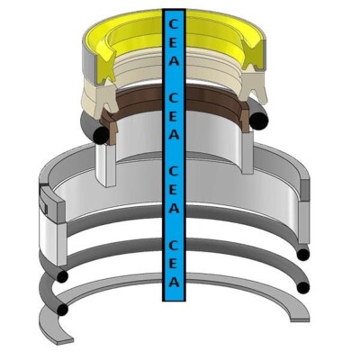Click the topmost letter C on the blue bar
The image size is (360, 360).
tap(174, 23)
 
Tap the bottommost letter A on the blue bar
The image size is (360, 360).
tap(174, 282)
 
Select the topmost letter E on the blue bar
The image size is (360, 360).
tap(174, 42)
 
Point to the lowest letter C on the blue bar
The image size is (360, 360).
tap(174, 246)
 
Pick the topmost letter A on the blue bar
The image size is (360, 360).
tap(174, 60)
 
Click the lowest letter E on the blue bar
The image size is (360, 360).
tap(174, 264)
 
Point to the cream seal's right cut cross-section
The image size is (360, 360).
tap(253, 87)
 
